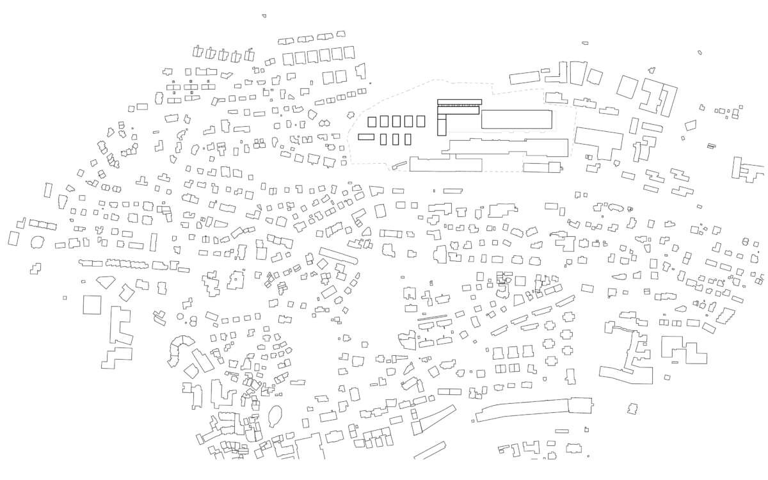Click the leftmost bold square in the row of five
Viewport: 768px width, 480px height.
[372, 121]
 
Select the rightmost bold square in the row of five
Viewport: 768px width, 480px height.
[420, 120]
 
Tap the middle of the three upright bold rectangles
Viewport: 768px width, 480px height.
[396, 139]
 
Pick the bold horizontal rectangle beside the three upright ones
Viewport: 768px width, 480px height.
[365, 136]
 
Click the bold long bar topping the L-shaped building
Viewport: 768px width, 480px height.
[459, 101]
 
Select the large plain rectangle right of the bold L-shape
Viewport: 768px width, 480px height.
[516, 120]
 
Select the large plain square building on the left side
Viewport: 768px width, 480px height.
[93, 304]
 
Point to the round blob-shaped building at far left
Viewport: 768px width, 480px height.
[37, 242]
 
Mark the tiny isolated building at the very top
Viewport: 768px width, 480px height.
[264, 15]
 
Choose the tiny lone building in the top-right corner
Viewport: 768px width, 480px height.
[700, 52]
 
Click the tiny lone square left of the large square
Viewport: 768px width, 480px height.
[65, 298]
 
